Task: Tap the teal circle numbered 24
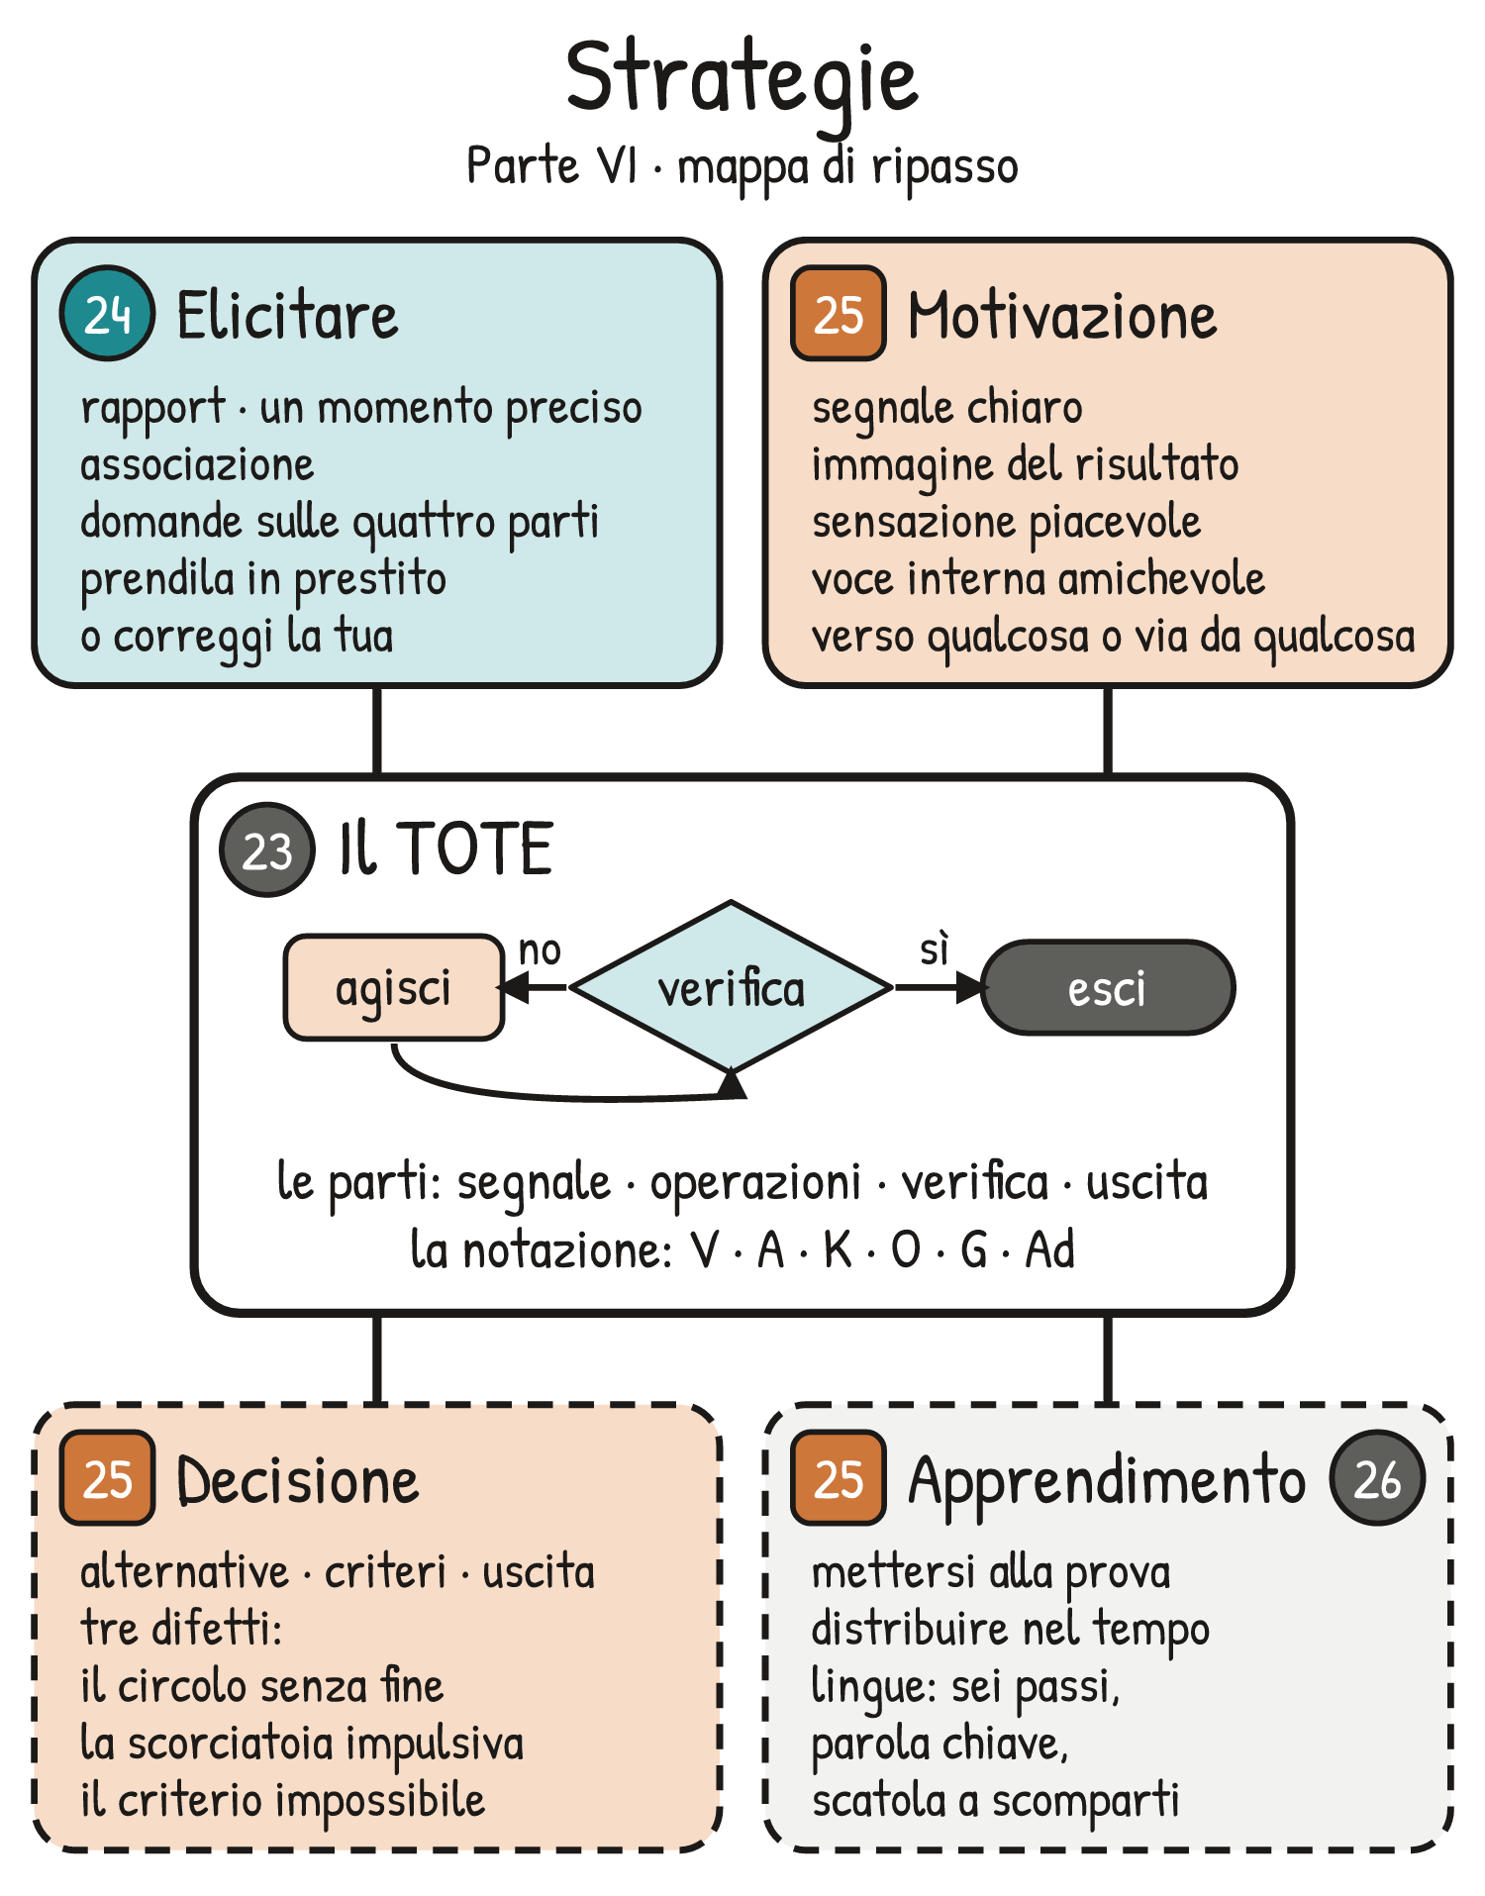tap(107, 313)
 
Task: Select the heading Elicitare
tap(287, 316)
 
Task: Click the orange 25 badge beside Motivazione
tap(839, 313)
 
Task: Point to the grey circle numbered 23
tap(267, 849)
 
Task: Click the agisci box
tap(394, 987)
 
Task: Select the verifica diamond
tap(732, 987)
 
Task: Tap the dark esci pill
tap(1108, 987)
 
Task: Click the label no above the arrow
tap(541, 950)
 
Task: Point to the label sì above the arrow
tap(935, 948)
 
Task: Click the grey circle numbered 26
tap(1378, 1478)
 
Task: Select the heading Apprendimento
tap(1107, 1482)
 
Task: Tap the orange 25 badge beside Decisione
tap(107, 1478)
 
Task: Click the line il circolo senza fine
tap(262, 1685)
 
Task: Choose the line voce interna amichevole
tap(1039, 578)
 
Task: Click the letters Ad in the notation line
tap(1050, 1249)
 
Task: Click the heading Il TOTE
tap(445, 849)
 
